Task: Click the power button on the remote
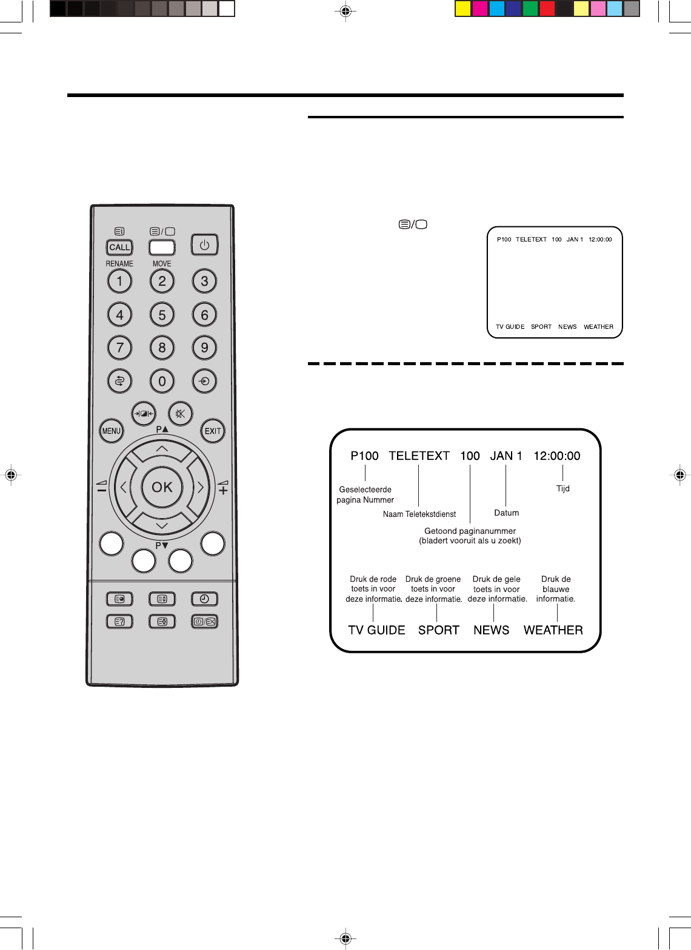point(204,245)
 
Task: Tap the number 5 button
point(162,315)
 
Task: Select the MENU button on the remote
point(112,431)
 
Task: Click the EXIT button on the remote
point(213,431)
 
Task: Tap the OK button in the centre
point(162,487)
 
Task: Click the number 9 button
point(204,348)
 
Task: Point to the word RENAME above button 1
point(119,264)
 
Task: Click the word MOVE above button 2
point(162,264)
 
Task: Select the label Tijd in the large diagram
point(563,488)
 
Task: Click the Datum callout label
point(507,513)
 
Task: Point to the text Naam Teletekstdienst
point(419,514)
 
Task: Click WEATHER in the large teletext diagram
point(553,630)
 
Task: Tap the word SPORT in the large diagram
point(439,630)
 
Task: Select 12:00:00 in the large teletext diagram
point(557,456)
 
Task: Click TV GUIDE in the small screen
point(510,327)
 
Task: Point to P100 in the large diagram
point(364,456)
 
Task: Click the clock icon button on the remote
point(204,599)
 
